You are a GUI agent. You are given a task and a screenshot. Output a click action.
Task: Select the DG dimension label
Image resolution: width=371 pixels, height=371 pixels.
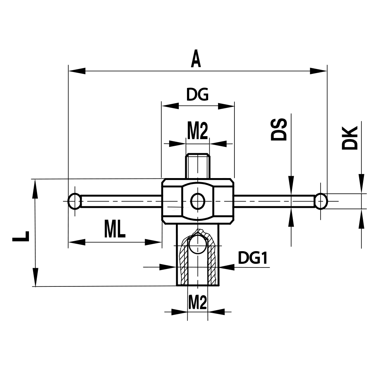point(197,95)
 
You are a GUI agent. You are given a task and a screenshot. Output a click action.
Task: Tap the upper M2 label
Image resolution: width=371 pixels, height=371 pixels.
point(197,131)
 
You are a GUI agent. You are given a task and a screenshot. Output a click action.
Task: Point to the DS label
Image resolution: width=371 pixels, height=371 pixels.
point(279,129)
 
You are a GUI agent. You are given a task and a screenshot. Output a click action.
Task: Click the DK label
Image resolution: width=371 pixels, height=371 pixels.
point(350,138)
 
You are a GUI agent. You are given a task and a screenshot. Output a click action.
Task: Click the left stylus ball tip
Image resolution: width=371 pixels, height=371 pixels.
point(75,201)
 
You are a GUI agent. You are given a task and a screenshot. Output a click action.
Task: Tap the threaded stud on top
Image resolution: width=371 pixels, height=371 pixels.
point(198,165)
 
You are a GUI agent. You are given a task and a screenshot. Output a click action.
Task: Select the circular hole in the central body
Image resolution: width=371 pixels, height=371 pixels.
point(198,201)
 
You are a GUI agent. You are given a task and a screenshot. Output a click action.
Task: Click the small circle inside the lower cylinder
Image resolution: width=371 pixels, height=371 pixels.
point(197,245)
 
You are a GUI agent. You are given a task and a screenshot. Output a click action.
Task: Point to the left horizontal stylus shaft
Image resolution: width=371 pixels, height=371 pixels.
point(121,201)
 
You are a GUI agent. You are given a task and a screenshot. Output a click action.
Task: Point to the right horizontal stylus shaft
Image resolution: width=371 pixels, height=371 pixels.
point(275,201)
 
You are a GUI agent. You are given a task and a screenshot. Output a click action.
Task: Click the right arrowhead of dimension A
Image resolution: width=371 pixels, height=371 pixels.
point(318,70)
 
